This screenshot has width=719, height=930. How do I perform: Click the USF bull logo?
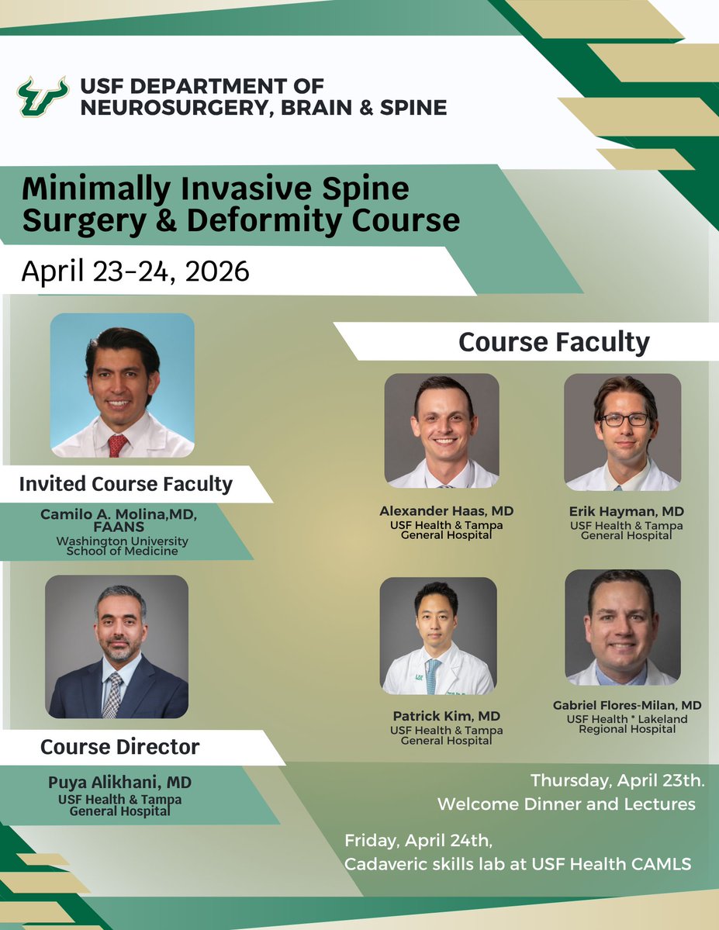pyautogui.click(x=43, y=96)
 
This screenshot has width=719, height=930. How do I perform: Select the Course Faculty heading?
pyautogui.click(x=554, y=342)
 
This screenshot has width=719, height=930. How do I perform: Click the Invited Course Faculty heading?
pyautogui.click(x=126, y=484)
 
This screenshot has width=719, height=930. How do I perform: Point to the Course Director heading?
pyautogui.click(x=119, y=747)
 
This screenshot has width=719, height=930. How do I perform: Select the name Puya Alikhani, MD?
pyautogui.click(x=119, y=783)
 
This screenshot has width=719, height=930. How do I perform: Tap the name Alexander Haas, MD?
pyautogui.click(x=446, y=511)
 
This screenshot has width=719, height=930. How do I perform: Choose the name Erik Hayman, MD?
pyautogui.click(x=625, y=511)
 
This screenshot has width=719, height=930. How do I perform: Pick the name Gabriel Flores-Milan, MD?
pyautogui.click(x=627, y=705)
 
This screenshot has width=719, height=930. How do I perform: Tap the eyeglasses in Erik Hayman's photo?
pyautogui.click(x=625, y=419)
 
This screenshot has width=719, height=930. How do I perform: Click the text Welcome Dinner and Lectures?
pyautogui.click(x=566, y=804)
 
